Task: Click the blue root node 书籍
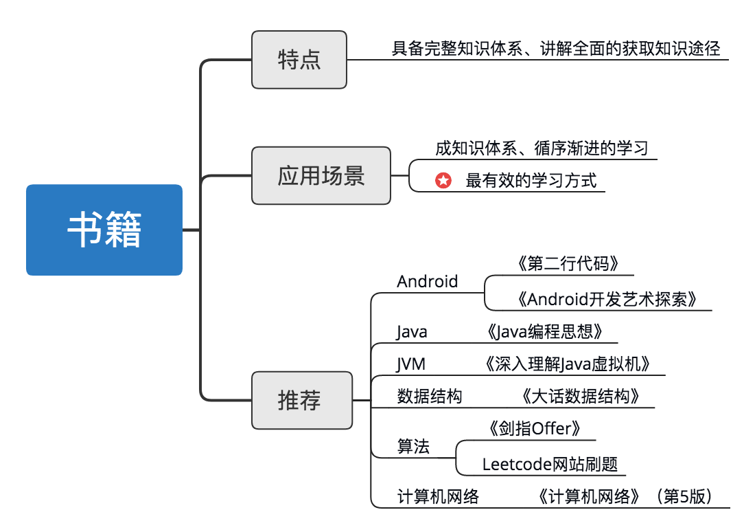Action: click(x=104, y=230)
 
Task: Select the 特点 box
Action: click(x=299, y=60)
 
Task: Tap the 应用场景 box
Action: click(x=321, y=176)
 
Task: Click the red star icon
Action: click(x=443, y=181)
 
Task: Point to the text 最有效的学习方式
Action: click(x=531, y=181)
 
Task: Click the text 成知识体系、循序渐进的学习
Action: click(x=541, y=148)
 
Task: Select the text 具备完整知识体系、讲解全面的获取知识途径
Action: click(x=556, y=49)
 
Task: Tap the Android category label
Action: click(x=427, y=281)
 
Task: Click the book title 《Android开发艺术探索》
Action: click(x=607, y=299)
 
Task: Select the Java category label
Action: click(x=412, y=332)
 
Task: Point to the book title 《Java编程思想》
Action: click(x=543, y=332)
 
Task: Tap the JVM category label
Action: click(x=410, y=364)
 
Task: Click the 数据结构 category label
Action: click(x=430, y=396)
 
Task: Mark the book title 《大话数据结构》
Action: click(x=580, y=396)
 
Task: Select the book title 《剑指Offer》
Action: click(x=535, y=429)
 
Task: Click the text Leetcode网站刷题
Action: click(x=550, y=464)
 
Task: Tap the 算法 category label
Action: click(x=413, y=447)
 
